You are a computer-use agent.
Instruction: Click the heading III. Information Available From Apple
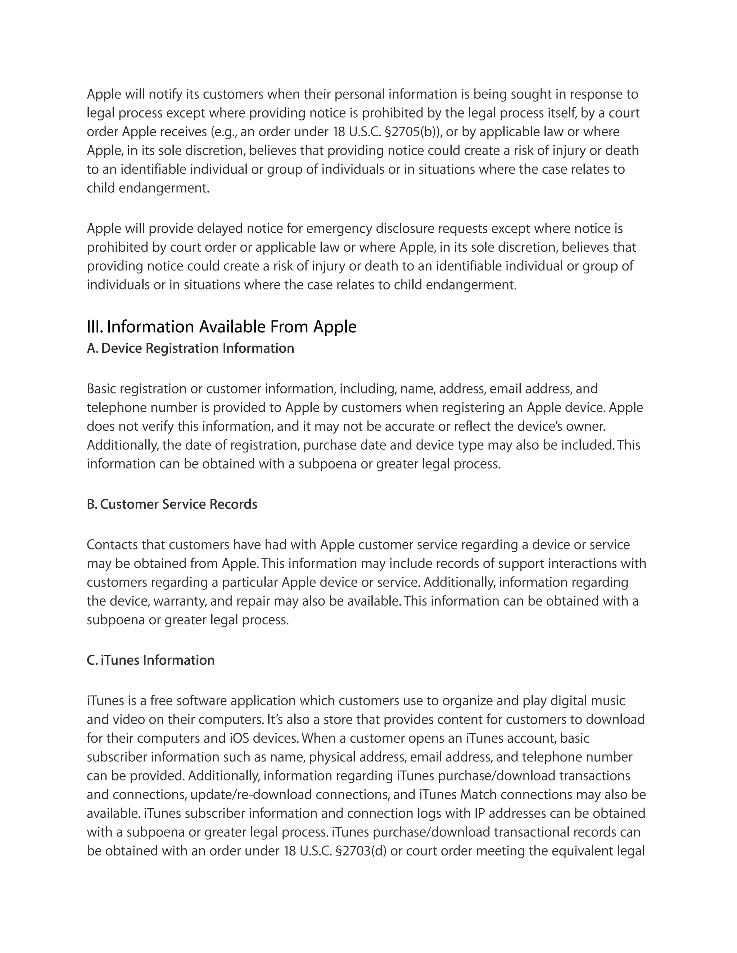[221, 327]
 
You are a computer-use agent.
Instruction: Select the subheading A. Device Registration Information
[190, 348]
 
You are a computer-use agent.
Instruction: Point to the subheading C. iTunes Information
[151, 660]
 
